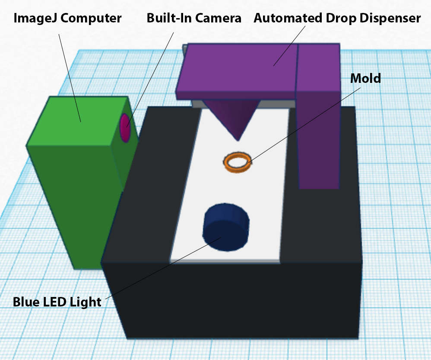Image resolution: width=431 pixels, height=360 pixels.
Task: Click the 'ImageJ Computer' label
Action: point(67,19)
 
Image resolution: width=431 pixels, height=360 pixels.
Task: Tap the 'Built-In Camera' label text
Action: point(194,19)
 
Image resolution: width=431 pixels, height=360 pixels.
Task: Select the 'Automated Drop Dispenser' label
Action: point(337,19)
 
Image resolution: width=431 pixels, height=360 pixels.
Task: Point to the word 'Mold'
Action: point(365,78)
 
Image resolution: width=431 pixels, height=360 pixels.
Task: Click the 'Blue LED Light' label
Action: point(57,302)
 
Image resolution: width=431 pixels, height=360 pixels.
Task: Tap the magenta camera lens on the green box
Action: point(125,128)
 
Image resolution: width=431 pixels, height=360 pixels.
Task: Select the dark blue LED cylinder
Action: point(226,227)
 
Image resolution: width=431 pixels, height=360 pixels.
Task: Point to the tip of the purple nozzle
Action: point(238,139)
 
